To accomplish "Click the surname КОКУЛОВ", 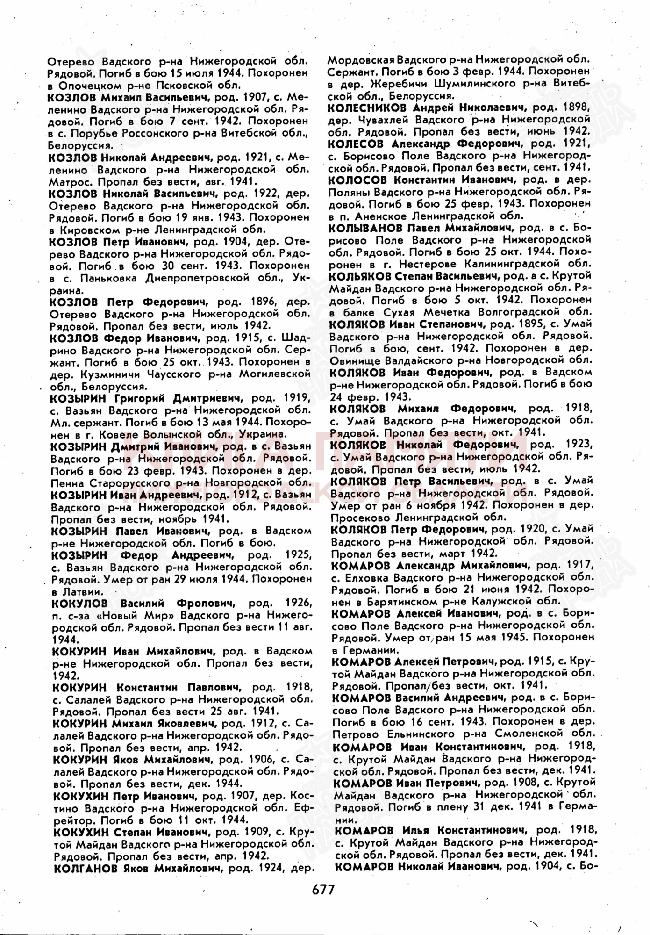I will coord(79,603).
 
